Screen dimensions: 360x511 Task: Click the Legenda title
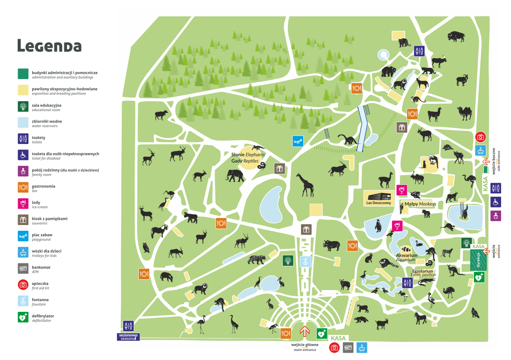click(49, 46)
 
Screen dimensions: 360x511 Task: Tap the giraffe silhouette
click(305, 185)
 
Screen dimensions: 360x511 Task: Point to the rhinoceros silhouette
click(332, 245)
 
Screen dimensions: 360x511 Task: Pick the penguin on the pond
click(378, 226)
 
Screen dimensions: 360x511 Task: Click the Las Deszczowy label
click(378, 203)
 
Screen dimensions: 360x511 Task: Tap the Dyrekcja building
click(478, 260)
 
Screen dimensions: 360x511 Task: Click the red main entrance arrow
click(304, 331)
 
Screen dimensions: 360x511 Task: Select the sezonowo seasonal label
click(128, 337)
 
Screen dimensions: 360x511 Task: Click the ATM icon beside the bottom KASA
click(348, 348)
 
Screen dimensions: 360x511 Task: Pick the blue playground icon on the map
click(298, 141)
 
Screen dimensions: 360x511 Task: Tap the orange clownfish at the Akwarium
click(406, 249)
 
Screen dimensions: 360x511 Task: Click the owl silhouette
click(146, 247)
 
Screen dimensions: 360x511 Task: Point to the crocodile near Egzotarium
click(425, 281)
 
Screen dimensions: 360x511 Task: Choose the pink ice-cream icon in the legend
click(23, 204)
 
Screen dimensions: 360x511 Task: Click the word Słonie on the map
click(238, 155)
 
